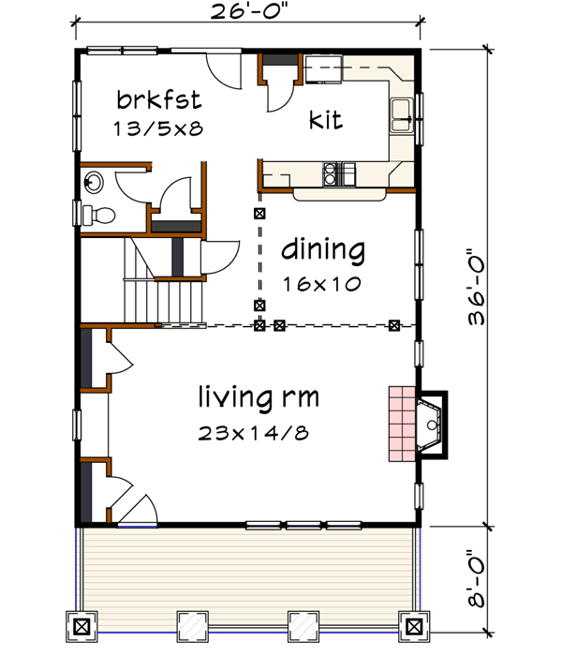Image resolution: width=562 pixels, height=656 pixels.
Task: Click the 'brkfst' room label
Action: pos(159,98)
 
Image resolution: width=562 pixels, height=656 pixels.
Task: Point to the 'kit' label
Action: pos(325,120)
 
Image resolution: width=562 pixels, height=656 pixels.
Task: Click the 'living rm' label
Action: pos(259,397)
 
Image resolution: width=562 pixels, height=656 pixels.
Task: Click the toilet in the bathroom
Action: pos(97,216)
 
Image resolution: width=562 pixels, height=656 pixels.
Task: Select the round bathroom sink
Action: pos(93,181)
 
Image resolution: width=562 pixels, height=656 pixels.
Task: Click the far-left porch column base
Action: pos(81,624)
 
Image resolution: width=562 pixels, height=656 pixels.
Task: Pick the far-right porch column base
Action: pos(410,624)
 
